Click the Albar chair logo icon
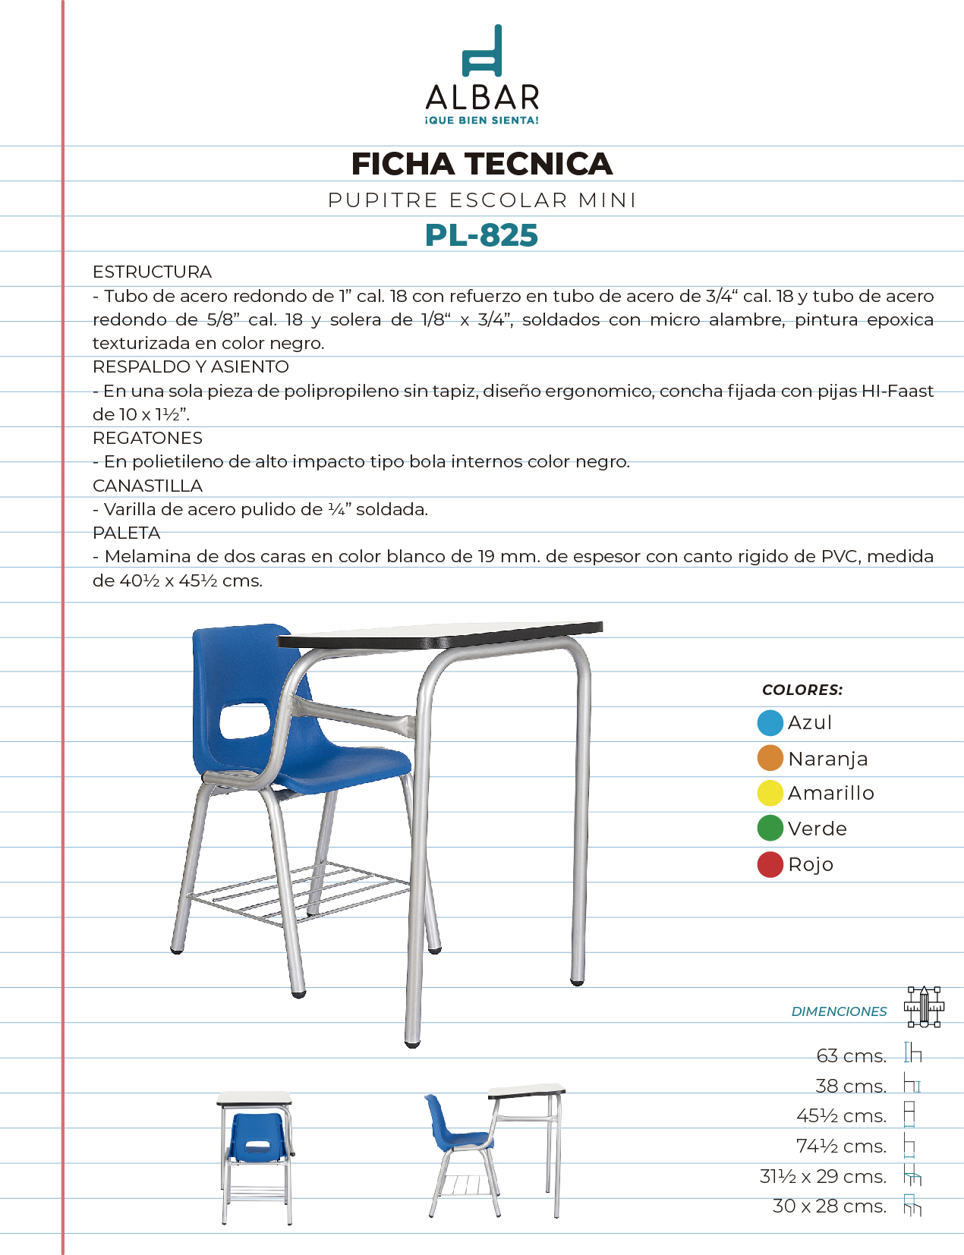tap(483, 51)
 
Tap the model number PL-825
tap(481, 235)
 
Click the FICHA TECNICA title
tap(481, 164)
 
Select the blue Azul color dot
tap(770, 723)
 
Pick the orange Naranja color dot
tap(770, 758)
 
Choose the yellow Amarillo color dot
tap(770, 793)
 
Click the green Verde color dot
tap(770, 828)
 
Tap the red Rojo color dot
tap(770, 864)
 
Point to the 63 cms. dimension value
tap(851, 1055)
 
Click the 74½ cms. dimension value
tap(841, 1146)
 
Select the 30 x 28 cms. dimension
tap(829, 1206)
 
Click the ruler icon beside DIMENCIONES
tap(924, 1007)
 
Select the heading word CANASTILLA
tap(147, 486)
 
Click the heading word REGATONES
tap(147, 438)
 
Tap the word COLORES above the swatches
tap(802, 690)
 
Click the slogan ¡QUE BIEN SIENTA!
tap(482, 121)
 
